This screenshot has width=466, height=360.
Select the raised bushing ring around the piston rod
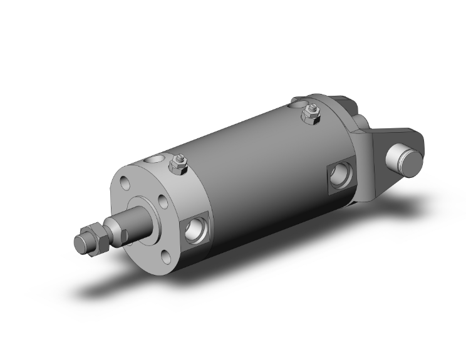145,213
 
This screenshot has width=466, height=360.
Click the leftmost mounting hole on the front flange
123,185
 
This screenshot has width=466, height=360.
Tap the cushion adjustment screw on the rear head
310,115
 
